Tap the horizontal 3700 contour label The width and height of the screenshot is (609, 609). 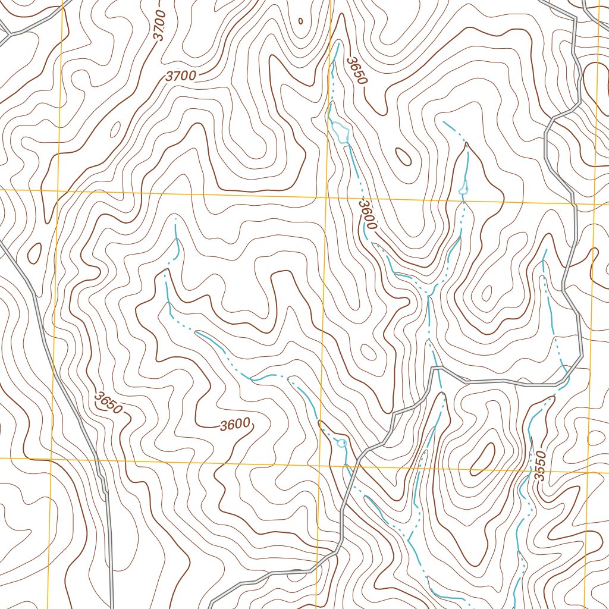click(181, 76)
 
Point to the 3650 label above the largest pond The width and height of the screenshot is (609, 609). click(358, 70)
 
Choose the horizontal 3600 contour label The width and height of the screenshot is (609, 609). click(234, 425)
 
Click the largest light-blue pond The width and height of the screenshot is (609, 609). click(341, 130)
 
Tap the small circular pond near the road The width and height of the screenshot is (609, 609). click(341, 443)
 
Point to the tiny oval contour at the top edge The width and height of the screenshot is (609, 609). click(300, 21)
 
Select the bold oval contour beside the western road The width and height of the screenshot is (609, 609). click(34, 252)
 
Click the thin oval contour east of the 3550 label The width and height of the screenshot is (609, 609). click(597, 438)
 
